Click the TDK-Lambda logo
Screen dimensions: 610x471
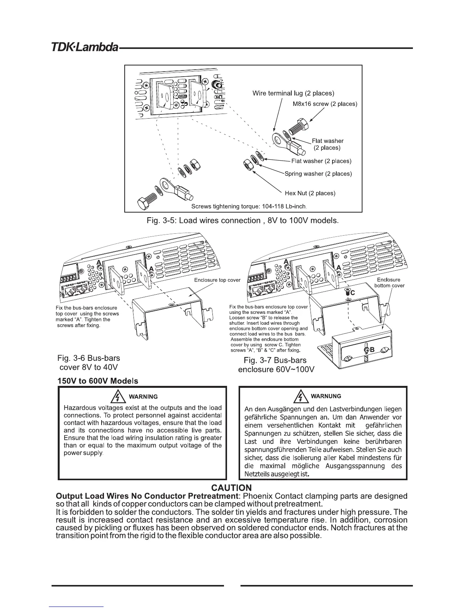[85, 49]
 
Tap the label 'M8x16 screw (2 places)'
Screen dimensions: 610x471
[325, 104]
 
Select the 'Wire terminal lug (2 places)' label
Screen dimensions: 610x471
[293, 93]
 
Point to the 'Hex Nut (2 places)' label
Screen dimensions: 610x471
[312, 193]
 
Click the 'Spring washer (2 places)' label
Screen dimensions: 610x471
[318, 174]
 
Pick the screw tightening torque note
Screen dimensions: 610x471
[249, 206]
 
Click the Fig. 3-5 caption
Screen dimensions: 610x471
[243, 221]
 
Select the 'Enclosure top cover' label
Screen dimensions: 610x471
[217, 280]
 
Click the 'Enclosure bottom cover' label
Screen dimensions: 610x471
[389, 283]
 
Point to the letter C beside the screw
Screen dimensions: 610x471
[352, 293]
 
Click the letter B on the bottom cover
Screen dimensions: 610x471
[372, 350]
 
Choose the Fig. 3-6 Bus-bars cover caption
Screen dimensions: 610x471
[88, 362]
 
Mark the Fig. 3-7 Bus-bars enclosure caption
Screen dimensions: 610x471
[276, 365]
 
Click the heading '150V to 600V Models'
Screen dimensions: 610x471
[98, 381]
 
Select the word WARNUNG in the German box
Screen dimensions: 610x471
[326, 396]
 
